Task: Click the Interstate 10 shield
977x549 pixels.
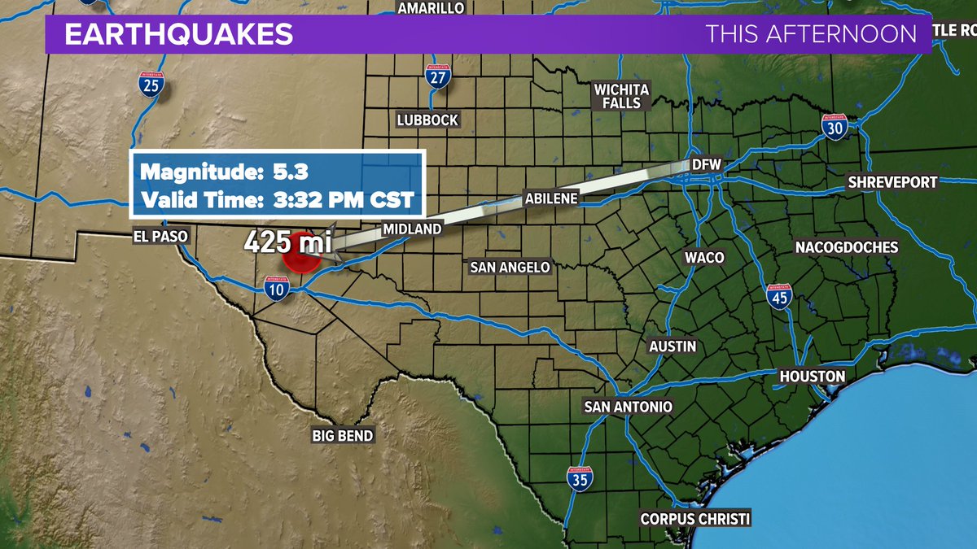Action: pyautogui.click(x=277, y=288)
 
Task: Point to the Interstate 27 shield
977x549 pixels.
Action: pyautogui.click(x=437, y=78)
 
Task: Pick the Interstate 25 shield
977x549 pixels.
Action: pyautogui.click(x=150, y=84)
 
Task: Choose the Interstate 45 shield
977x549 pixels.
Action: pyautogui.click(x=779, y=297)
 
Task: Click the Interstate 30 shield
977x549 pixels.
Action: pyautogui.click(x=835, y=127)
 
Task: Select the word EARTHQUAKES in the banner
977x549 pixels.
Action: pyautogui.click(x=178, y=35)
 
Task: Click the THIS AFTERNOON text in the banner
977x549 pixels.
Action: pyautogui.click(x=811, y=35)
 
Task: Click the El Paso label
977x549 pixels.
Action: pyautogui.click(x=161, y=236)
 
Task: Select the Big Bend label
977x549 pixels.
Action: pyautogui.click(x=343, y=436)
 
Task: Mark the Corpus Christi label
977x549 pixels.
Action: pyautogui.click(x=694, y=519)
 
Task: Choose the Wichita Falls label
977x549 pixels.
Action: pyautogui.click(x=622, y=96)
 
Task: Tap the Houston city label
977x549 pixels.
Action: pyautogui.click(x=813, y=377)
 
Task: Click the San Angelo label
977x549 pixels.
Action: pyautogui.click(x=510, y=267)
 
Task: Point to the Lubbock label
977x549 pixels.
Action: pyautogui.click(x=428, y=120)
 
